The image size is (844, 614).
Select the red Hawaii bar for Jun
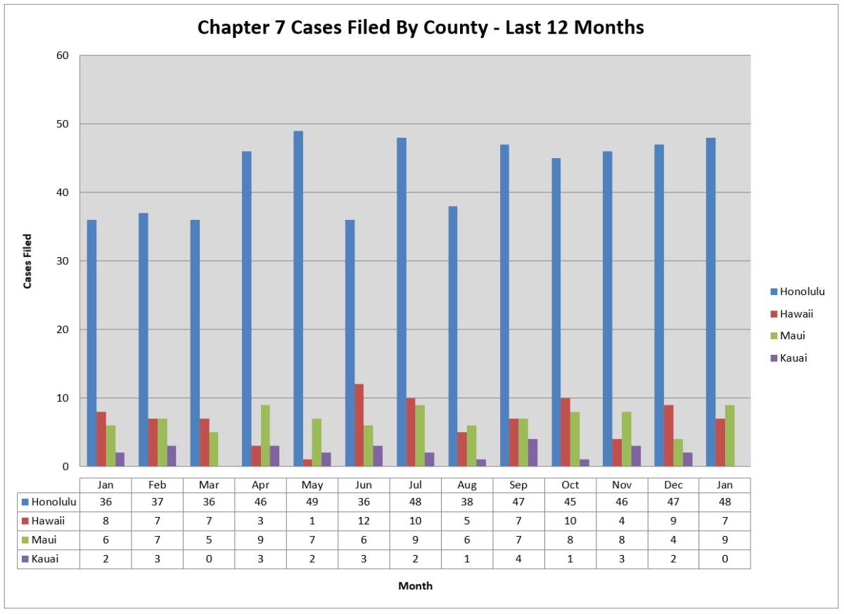(x=359, y=425)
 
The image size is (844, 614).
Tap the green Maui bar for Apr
(x=265, y=436)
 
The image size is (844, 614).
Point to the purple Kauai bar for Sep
(x=533, y=452)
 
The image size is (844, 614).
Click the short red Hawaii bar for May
(x=307, y=463)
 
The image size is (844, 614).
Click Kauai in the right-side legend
(x=793, y=358)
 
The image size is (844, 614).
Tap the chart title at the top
(x=421, y=27)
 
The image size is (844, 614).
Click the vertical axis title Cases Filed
(x=28, y=261)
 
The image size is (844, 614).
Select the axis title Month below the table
(x=415, y=586)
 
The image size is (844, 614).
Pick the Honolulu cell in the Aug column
(x=467, y=502)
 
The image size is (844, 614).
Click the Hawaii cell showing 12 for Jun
(x=364, y=521)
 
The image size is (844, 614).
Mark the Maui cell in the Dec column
(x=673, y=540)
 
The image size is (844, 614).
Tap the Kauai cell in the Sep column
(x=518, y=559)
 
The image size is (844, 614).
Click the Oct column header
(x=570, y=485)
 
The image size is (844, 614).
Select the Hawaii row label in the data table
(x=49, y=521)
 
